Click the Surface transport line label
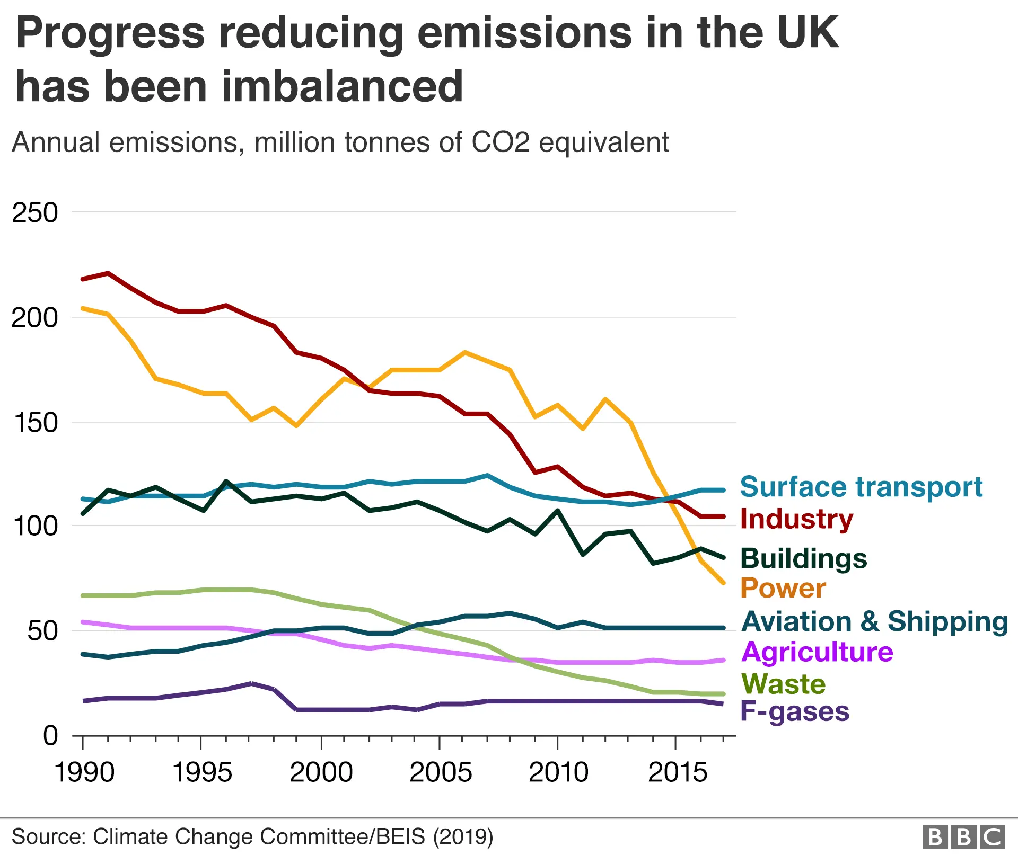point(861,487)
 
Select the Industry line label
point(796,519)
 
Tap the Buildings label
point(803,558)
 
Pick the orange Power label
point(783,588)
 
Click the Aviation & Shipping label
point(874,621)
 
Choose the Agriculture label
point(817,652)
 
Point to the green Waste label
point(783,684)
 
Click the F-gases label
point(794,711)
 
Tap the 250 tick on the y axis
point(35,213)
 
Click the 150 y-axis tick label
point(35,423)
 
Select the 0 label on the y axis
point(50,736)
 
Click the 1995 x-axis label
point(203,772)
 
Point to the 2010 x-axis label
point(558,772)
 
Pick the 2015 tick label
point(678,772)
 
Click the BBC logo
point(963,837)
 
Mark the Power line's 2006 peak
point(465,352)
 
